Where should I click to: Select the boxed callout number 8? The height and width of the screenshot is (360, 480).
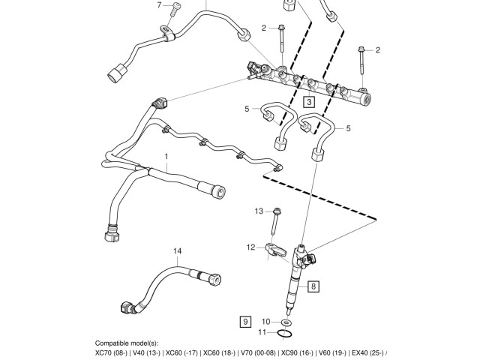(x=313, y=286)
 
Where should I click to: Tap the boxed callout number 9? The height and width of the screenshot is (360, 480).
(x=244, y=322)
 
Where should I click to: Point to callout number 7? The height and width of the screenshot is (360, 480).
(x=159, y=6)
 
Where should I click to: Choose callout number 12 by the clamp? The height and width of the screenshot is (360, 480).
(x=251, y=247)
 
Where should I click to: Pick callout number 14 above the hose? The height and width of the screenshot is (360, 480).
(x=178, y=250)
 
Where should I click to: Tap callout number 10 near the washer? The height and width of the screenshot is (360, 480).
(x=264, y=322)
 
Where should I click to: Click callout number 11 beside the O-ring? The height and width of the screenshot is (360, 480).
(x=262, y=332)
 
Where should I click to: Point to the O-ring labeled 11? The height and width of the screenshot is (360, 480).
(x=283, y=333)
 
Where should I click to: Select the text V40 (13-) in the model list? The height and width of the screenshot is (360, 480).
(x=148, y=352)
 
